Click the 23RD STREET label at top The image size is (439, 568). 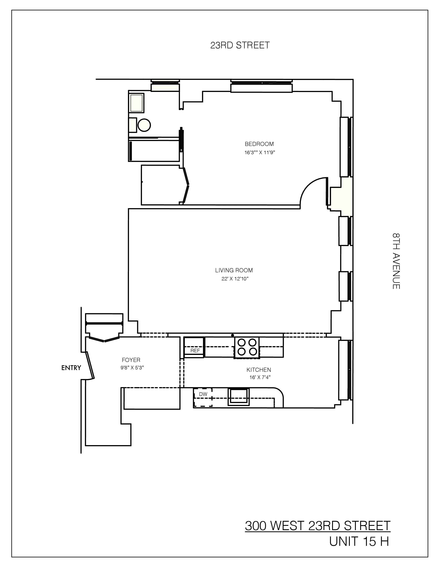[240, 45]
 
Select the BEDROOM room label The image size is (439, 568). [259, 144]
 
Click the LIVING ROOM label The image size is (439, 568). [234, 270]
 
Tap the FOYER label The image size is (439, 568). [131, 360]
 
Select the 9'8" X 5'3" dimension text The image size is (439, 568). [132, 368]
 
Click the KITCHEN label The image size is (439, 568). [259, 370]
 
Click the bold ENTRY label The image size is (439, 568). [71, 368]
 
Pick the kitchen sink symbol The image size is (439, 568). [238, 397]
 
